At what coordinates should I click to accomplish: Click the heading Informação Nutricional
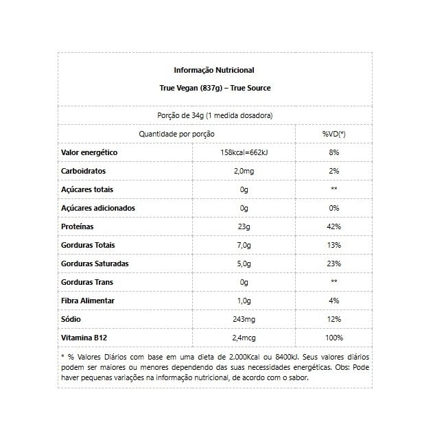(x=214, y=70)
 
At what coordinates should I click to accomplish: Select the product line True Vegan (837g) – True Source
(x=214, y=89)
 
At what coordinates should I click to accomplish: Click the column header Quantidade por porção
(x=176, y=133)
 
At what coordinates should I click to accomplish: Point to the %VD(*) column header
(x=333, y=133)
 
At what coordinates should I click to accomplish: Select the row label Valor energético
(x=90, y=152)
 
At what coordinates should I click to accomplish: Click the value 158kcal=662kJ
(x=244, y=152)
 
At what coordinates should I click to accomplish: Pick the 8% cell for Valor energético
(x=333, y=152)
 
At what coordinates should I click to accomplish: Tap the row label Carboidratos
(x=84, y=171)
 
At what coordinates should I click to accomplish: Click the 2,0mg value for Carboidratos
(x=244, y=171)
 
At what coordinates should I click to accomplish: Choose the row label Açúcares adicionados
(x=98, y=208)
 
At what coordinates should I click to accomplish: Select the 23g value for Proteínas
(x=244, y=226)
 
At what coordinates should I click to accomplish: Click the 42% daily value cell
(x=333, y=226)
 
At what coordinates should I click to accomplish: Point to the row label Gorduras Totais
(x=88, y=245)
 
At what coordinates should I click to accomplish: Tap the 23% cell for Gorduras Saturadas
(x=333, y=264)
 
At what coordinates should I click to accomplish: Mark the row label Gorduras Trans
(x=86, y=282)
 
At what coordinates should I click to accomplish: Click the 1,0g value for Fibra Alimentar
(x=244, y=301)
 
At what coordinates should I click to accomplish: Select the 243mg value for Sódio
(x=244, y=319)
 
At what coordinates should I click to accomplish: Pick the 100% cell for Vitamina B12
(x=333, y=338)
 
